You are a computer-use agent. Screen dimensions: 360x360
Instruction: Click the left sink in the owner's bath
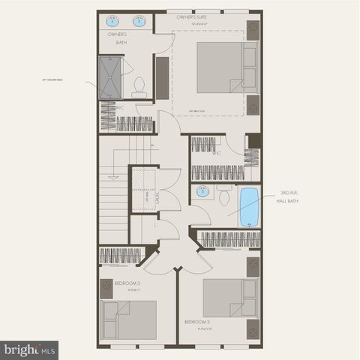click(x=114, y=20)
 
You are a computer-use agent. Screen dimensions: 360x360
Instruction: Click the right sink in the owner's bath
click(x=139, y=20)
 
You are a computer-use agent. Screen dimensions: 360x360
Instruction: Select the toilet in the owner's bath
click(x=139, y=88)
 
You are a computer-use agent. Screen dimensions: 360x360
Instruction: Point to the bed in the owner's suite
click(x=226, y=66)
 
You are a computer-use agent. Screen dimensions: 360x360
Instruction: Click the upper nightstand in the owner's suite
click(x=253, y=30)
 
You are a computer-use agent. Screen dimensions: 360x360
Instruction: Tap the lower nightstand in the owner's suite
click(x=253, y=103)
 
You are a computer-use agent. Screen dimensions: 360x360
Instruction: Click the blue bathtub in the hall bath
click(x=248, y=207)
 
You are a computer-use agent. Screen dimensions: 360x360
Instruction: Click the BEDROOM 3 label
click(x=127, y=283)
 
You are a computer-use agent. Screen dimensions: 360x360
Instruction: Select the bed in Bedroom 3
click(x=128, y=319)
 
